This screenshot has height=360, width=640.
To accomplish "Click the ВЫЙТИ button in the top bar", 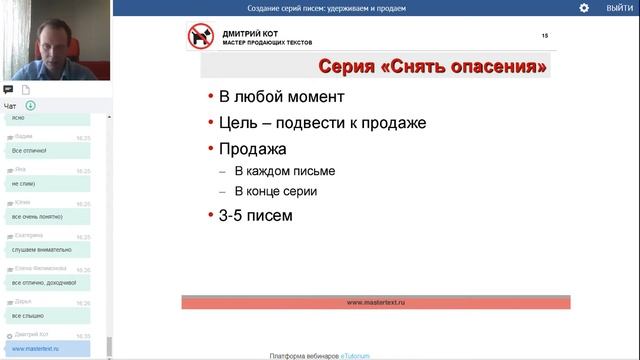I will [618, 8].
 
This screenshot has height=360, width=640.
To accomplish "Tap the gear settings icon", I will [584, 8].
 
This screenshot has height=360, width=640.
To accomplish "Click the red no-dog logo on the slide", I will [200, 37].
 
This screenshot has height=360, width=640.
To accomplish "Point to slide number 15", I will [544, 35].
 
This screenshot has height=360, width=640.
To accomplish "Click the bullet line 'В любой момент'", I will [282, 98].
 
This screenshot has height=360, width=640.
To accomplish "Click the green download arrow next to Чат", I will [31, 105].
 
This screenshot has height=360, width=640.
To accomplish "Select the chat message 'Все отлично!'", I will [30, 150].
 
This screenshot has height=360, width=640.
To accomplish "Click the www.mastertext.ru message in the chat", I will [36, 349].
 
